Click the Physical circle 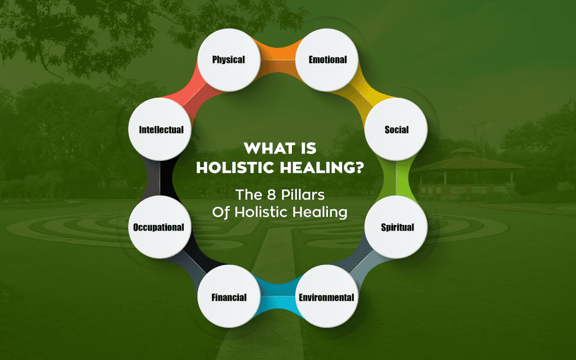pyautogui.click(x=228, y=59)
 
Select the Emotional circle pyautogui.click(x=327, y=59)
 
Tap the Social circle pyautogui.click(x=397, y=129)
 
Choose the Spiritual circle pyautogui.click(x=397, y=227)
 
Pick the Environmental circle pyautogui.click(x=326, y=297)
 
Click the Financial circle pyautogui.click(x=228, y=297)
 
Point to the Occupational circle pyautogui.click(x=159, y=227)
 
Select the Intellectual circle pyautogui.click(x=161, y=129)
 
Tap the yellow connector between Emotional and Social pyautogui.click(x=367, y=90)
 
